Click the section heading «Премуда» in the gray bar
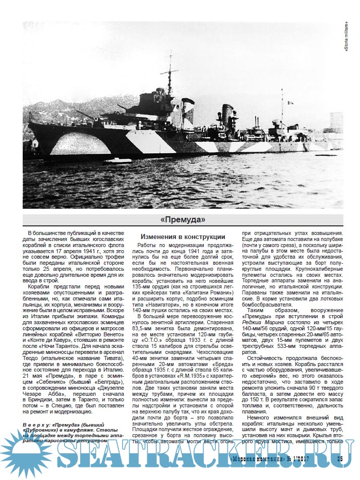pyautogui.click(x=183, y=220)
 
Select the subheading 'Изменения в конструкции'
pyautogui.click(x=183, y=236)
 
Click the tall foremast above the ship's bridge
pyautogui.click(x=170, y=76)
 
